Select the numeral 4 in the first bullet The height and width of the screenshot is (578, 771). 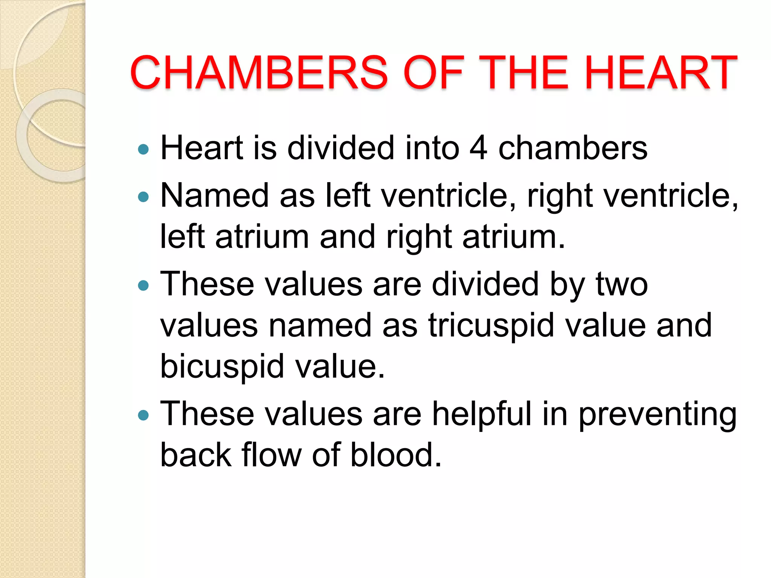(478, 148)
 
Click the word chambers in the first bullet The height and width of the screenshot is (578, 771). (573, 148)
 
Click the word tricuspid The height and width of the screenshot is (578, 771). (491, 325)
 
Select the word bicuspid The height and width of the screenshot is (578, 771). (222, 367)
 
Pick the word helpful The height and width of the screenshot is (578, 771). (481, 414)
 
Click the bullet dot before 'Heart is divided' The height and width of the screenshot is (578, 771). (143, 150)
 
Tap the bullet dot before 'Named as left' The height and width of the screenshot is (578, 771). (143, 197)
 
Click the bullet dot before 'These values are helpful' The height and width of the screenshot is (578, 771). (143, 415)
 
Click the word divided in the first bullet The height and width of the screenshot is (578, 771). (341, 148)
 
